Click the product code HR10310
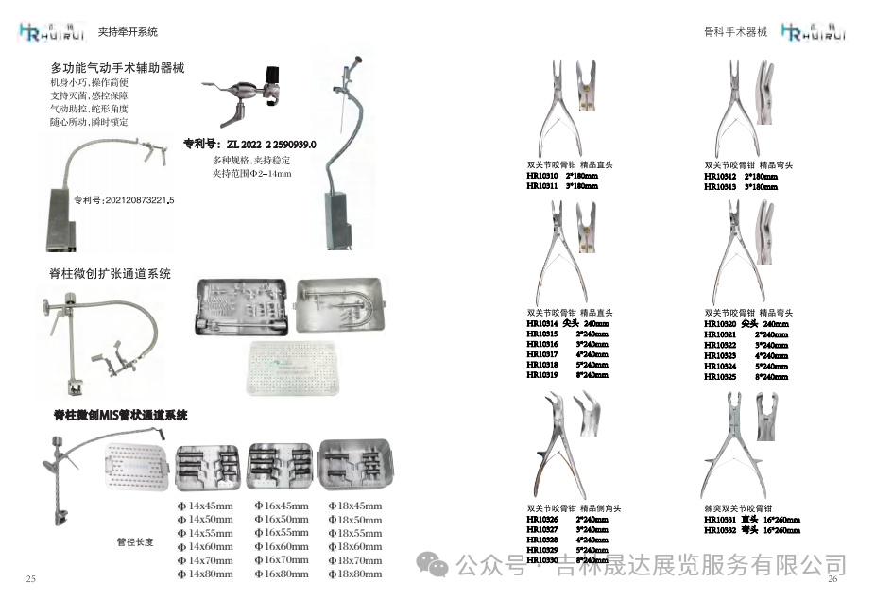(x=542, y=176)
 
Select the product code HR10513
(x=720, y=187)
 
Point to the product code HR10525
(x=720, y=376)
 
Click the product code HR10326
(x=542, y=520)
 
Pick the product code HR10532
(x=720, y=531)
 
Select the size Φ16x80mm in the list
(x=282, y=574)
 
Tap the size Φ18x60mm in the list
(x=354, y=547)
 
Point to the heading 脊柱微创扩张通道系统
(x=111, y=274)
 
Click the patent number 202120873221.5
(x=124, y=200)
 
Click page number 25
(x=30, y=578)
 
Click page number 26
(x=832, y=579)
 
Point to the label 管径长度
(x=134, y=542)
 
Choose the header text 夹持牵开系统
(x=128, y=32)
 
